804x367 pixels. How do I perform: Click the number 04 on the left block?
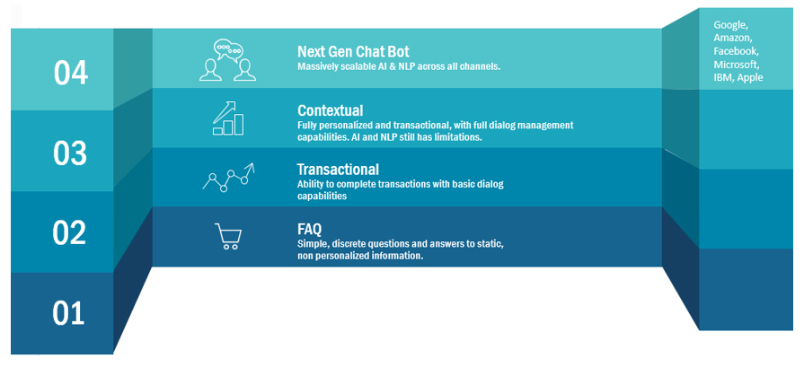pos(71,73)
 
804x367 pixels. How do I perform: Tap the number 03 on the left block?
pos(70,153)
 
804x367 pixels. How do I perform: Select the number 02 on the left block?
pos(69,233)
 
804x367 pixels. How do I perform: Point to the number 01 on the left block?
pos(68,313)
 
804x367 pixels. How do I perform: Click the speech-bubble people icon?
pos(227,60)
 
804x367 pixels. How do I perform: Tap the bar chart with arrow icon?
pos(228,118)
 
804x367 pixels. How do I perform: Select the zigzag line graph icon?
pos(229,177)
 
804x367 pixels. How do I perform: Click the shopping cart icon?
pos(228,236)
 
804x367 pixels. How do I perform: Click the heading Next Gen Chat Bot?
pos(353,52)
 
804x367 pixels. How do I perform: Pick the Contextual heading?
pos(331,110)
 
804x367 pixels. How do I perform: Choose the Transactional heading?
pos(338,169)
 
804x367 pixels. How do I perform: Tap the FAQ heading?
pos(309,228)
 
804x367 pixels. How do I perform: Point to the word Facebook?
pos(736,51)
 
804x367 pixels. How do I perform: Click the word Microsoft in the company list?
pos(736,65)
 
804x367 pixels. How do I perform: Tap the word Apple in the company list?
pos(750,78)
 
